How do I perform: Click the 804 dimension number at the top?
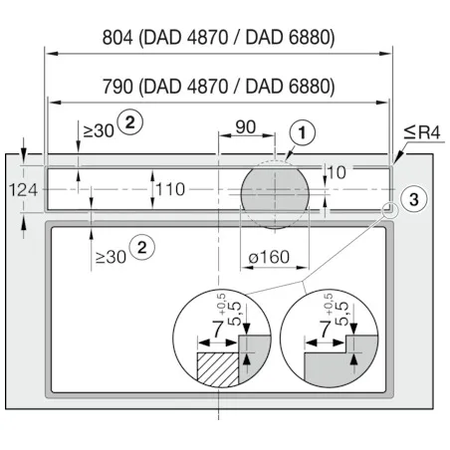[117, 37]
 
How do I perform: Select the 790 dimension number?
[117, 87]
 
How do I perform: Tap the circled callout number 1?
[302, 132]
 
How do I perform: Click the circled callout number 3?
[414, 199]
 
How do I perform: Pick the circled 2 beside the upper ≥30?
[130, 122]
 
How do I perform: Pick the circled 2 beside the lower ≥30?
[142, 248]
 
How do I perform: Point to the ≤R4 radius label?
[422, 132]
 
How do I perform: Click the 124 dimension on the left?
[23, 190]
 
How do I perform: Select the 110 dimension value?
[170, 189]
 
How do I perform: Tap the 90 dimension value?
[246, 127]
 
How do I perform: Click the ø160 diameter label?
[269, 257]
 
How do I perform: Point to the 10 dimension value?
[337, 172]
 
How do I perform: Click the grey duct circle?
[275, 194]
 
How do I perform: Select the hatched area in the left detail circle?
[218, 369]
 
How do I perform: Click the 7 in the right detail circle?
[326, 329]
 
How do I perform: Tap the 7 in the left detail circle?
[218, 329]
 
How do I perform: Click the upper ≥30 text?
[99, 131]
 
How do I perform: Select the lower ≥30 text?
[111, 257]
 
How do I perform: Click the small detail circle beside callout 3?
[390, 210]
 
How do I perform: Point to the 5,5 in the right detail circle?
[341, 314]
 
